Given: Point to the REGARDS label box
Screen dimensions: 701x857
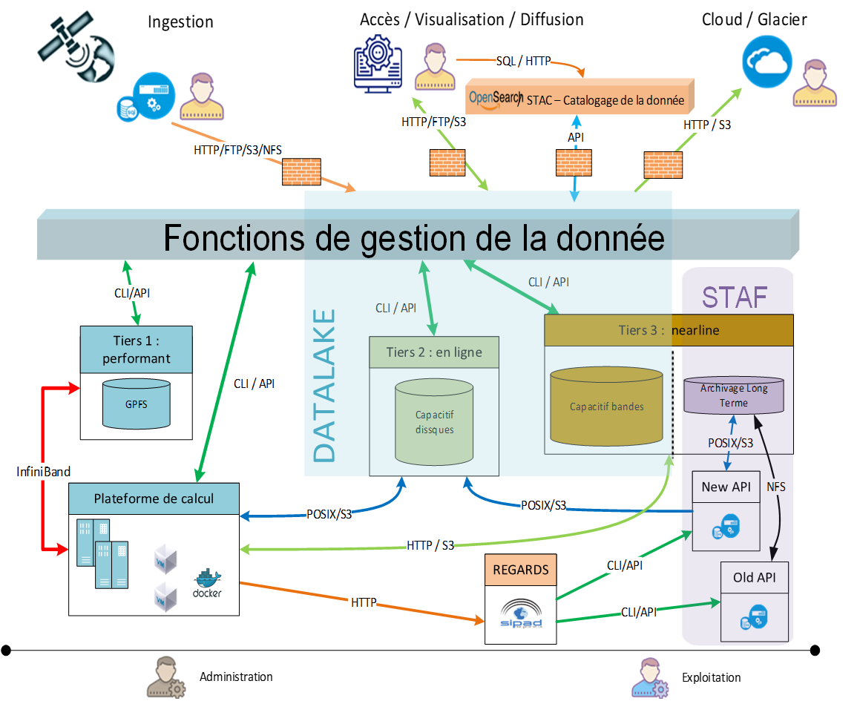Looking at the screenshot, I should (x=521, y=570).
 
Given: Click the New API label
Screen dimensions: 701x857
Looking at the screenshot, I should (x=726, y=487).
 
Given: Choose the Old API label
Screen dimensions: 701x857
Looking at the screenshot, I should (x=754, y=577).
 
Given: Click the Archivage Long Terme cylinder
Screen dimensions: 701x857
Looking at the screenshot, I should (x=733, y=395).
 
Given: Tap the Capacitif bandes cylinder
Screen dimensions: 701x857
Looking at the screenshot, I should (x=606, y=406).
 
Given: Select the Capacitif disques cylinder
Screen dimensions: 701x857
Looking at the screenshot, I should (x=434, y=422).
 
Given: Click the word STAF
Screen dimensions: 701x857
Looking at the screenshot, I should (x=735, y=297).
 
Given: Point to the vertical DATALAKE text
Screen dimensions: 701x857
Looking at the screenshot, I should (x=324, y=385).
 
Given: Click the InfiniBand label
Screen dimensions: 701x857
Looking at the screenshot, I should (x=44, y=471).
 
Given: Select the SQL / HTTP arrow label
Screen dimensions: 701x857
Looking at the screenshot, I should (x=523, y=61).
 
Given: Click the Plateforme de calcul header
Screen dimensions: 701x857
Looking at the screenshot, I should (x=154, y=498).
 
